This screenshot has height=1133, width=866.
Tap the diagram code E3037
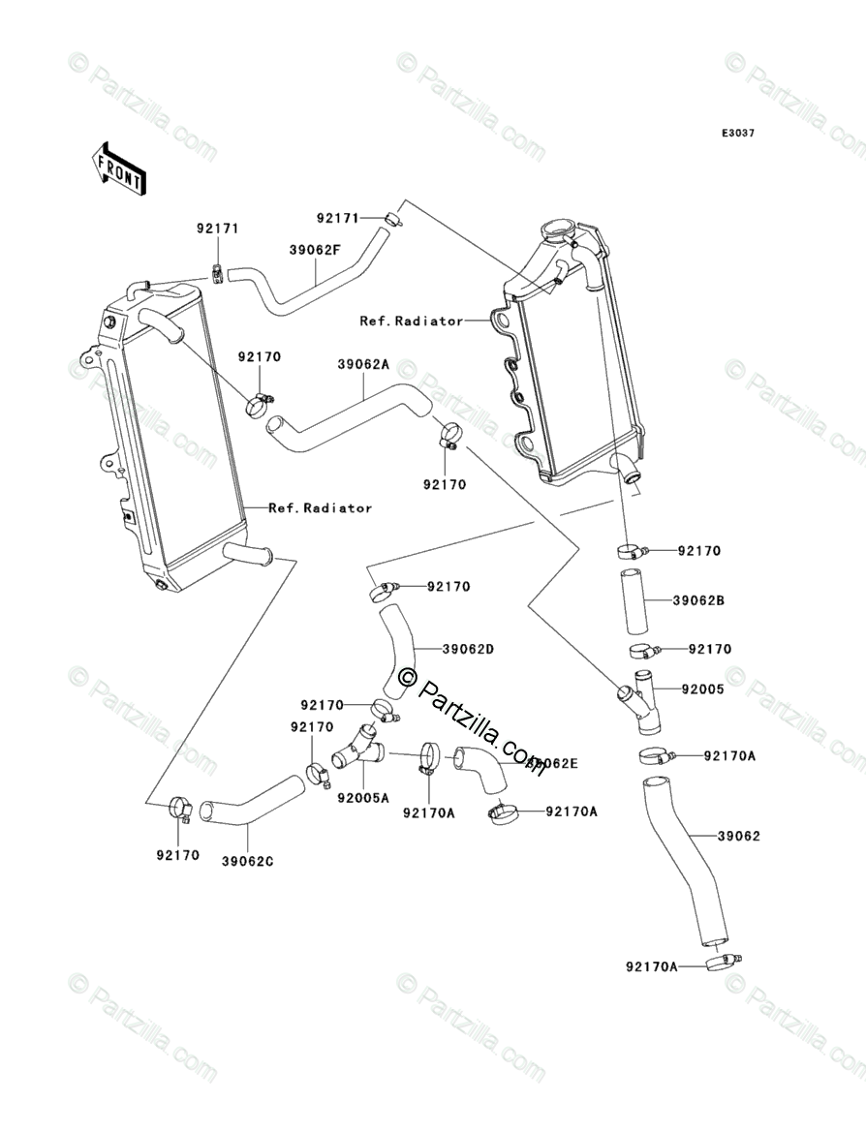point(737,133)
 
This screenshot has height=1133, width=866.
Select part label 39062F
point(315,248)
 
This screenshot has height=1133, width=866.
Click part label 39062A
point(363,365)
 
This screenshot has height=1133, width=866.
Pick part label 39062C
point(248,860)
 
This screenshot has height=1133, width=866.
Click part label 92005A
point(363,798)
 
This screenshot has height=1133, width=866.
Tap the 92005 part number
point(703,689)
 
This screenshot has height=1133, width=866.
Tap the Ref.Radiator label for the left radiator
point(320,507)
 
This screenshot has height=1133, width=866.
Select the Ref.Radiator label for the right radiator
point(411,321)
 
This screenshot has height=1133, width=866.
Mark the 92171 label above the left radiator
point(217,229)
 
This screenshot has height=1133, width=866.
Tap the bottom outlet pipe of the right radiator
point(630,472)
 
